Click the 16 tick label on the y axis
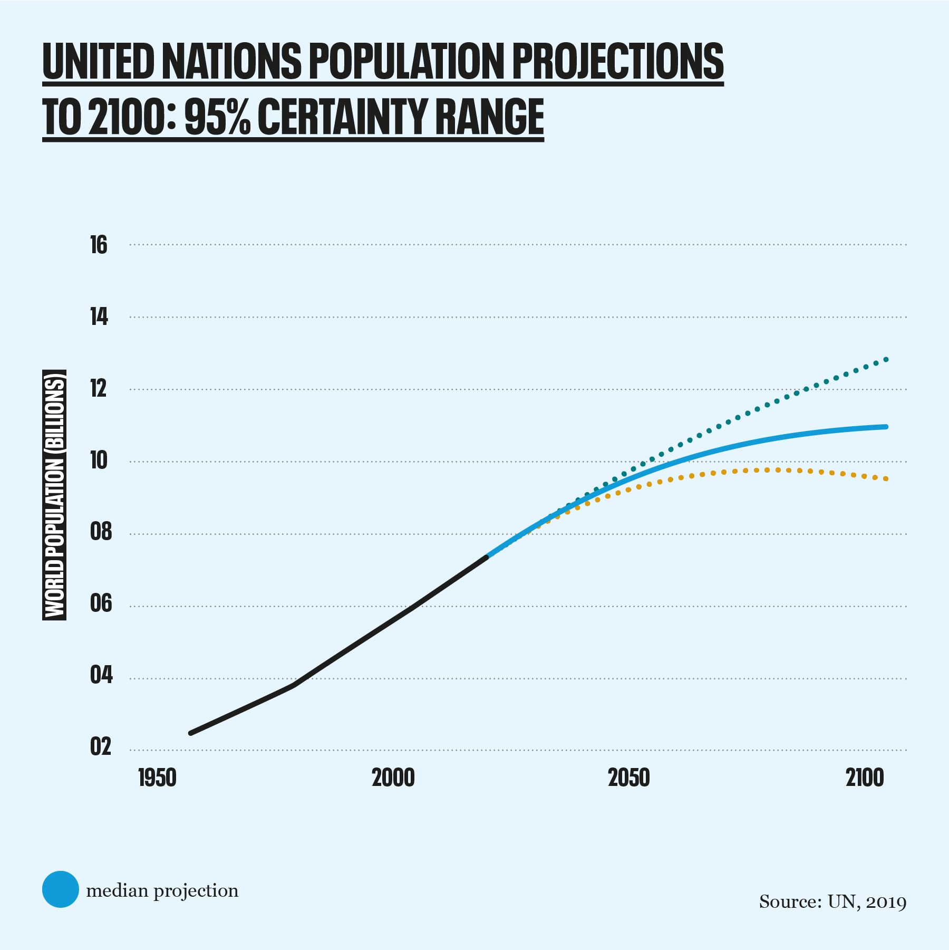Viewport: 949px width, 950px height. (x=99, y=245)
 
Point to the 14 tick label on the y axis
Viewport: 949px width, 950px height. (x=99, y=318)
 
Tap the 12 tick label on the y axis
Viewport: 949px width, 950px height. (x=99, y=389)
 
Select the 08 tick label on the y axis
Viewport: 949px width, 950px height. (x=101, y=532)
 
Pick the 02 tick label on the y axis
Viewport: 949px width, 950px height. (x=101, y=747)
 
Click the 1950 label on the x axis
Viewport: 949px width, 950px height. (x=157, y=778)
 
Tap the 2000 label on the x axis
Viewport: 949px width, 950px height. (x=393, y=778)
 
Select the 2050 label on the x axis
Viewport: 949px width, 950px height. (x=629, y=778)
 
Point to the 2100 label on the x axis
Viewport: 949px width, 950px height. (x=865, y=778)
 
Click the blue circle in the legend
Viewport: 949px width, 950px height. (x=61, y=889)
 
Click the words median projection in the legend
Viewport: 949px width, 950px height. (x=162, y=891)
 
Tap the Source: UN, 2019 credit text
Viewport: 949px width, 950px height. (x=832, y=902)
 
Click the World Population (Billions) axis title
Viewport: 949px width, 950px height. (x=54, y=495)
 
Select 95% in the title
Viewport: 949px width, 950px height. (x=217, y=117)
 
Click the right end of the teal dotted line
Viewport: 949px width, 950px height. (x=886, y=360)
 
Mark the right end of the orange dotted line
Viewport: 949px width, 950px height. (x=886, y=479)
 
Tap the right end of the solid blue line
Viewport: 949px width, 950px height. (x=886, y=427)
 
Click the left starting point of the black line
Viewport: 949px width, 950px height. (x=191, y=733)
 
